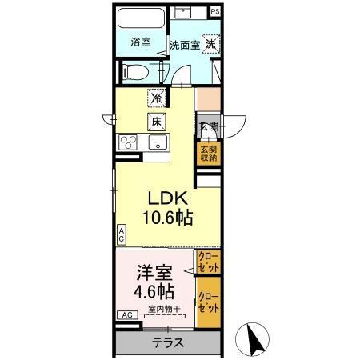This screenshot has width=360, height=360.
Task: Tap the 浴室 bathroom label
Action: [x=141, y=42]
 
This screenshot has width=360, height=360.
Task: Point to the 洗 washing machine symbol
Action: [x=210, y=43]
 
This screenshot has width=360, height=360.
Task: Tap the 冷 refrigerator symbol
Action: [x=156, y=99]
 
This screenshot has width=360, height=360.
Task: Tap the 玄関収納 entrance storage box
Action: [x=208, y=153]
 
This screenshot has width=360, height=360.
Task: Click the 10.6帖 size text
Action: [x=167, y=217]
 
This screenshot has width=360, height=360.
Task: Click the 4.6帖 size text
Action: [x=152, y=290]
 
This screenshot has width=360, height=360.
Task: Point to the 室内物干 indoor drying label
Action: [x=165, y=309]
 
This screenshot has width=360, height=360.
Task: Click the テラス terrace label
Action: [x=168, y=342]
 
